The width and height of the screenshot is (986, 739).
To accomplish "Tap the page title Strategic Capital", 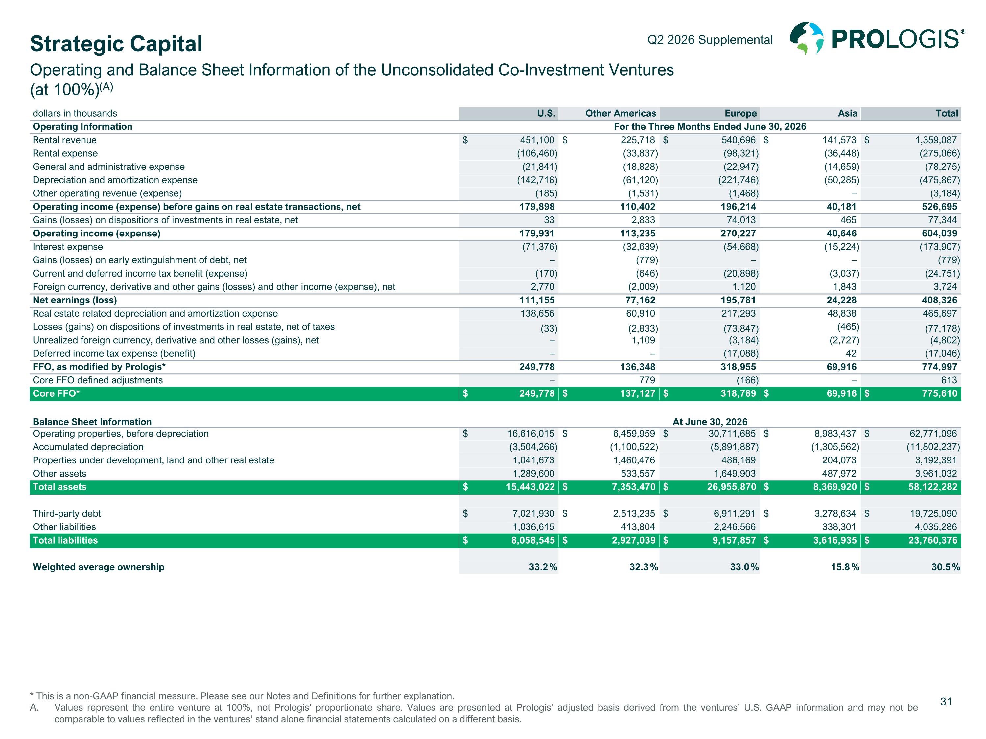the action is [x=116, y=44].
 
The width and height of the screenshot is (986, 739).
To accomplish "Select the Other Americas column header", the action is [x=621, y=113].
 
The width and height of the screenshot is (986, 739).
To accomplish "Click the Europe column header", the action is [x=740, y=113].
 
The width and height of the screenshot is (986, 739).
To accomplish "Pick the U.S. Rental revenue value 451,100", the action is [x=537, y=140].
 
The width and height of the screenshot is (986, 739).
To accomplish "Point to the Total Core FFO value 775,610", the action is [x=939, y=393].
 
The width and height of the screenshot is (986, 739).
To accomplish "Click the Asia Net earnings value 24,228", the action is [x=842, y=300].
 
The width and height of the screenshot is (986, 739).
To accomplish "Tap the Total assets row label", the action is [x=60, y=487].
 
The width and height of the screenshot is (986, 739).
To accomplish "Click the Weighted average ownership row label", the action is [x=99, y=567].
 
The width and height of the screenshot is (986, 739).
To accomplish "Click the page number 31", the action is [x=946, y=702].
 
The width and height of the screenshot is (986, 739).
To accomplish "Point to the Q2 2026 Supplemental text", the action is [x=710, y=40].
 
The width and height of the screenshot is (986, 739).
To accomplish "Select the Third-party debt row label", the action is [x=67, y=514].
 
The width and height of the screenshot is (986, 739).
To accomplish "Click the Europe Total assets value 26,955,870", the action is [x=732, y=487].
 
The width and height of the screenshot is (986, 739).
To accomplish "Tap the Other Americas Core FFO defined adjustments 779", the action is [x=647, y=380].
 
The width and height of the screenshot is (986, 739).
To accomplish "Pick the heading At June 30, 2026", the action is [x=710, y=422].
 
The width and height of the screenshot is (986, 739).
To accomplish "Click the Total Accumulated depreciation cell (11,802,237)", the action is [x=933, y=447].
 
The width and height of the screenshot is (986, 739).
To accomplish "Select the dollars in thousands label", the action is [x=75, y=113].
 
